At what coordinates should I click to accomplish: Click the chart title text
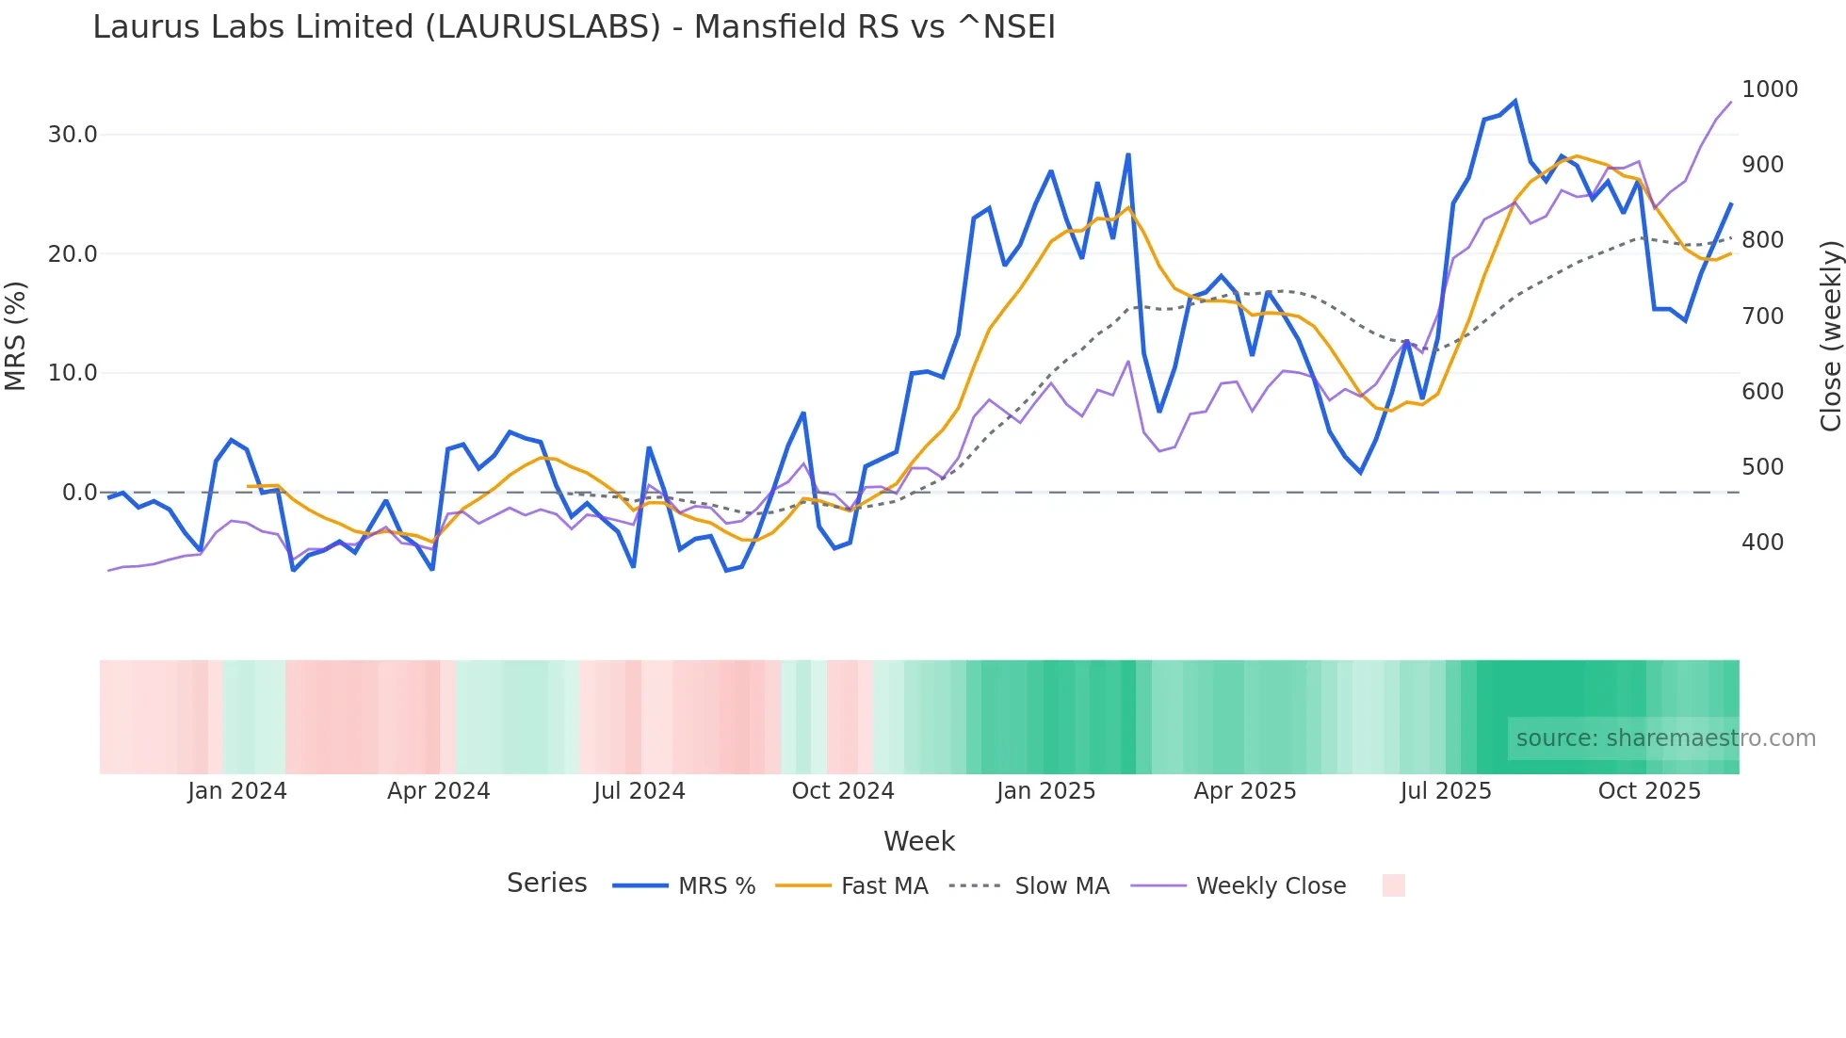point(574,27)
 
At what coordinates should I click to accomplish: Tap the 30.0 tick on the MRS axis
point(73,135)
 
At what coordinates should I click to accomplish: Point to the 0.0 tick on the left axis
point(79,493)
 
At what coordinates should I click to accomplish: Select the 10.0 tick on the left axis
point(73,373)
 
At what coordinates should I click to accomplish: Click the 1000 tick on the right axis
point(1770,89)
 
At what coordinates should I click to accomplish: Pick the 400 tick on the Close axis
point(1763,543)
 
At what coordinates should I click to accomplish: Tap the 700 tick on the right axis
point(1763,316)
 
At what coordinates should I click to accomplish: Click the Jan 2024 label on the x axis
point(236,791)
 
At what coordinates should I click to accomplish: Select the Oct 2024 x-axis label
point(842,791)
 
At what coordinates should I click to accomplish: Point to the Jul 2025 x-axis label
point(1445,791)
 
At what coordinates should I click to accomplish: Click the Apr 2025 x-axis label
point(1244,791)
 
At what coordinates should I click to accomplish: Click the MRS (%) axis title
point(16,335)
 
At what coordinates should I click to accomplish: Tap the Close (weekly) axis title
point(1830,336)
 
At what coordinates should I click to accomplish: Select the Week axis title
point(918,841)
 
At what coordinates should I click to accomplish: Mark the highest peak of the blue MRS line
point(1515,101)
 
